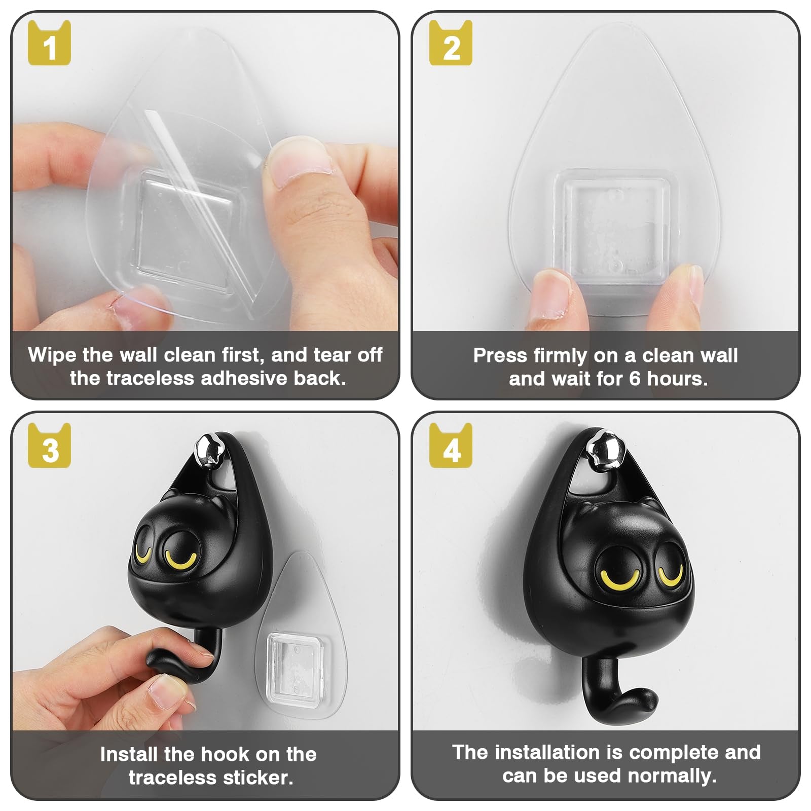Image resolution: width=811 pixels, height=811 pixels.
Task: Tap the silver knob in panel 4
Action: (x=607, y=448)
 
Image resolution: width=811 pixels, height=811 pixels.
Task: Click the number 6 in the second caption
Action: (x=635, y=379)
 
